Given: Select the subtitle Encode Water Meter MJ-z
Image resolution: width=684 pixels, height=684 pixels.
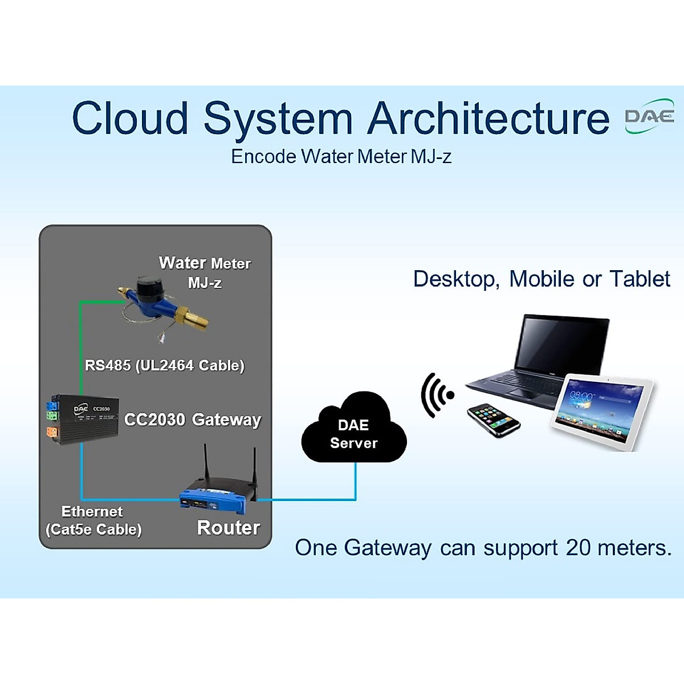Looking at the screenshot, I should point(341,157).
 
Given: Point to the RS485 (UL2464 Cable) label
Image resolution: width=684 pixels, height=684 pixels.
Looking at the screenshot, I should point(165,365).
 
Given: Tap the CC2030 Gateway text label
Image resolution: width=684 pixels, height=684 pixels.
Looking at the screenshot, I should point(193,420).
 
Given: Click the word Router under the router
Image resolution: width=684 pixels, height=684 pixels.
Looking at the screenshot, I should point(229,528).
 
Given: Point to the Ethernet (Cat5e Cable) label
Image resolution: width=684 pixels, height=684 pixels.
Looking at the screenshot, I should point(93,520).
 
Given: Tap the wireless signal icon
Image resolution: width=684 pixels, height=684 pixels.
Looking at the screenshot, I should point(437,395).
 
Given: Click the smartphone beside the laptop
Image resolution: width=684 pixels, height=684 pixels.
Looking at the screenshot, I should point(494,420).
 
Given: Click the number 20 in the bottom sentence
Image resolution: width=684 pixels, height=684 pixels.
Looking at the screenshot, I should point(579,548).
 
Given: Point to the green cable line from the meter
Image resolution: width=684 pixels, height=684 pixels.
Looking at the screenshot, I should point(80,342).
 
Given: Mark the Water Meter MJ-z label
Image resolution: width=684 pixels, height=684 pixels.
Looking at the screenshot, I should point(205,272).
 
